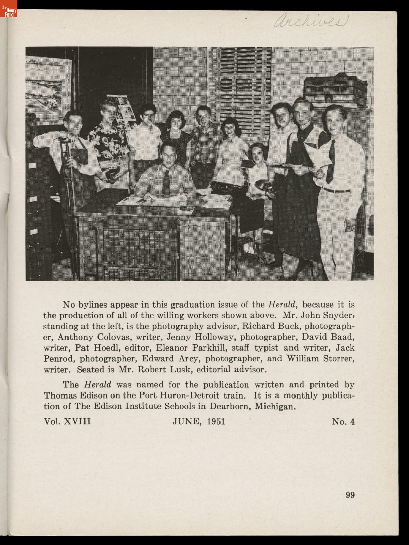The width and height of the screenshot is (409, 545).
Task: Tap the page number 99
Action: (350, 495)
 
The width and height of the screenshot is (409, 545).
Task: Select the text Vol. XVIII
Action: (67, 421)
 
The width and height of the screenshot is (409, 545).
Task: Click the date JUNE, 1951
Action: (199, 421)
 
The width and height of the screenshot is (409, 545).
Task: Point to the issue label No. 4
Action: (343, 421)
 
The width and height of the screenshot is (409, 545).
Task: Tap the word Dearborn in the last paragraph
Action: (230, 406)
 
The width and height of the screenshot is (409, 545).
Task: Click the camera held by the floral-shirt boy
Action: (111, 175)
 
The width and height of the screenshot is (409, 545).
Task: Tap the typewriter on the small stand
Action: (226, 188)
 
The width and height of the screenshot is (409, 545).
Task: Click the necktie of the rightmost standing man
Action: (330, 161)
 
